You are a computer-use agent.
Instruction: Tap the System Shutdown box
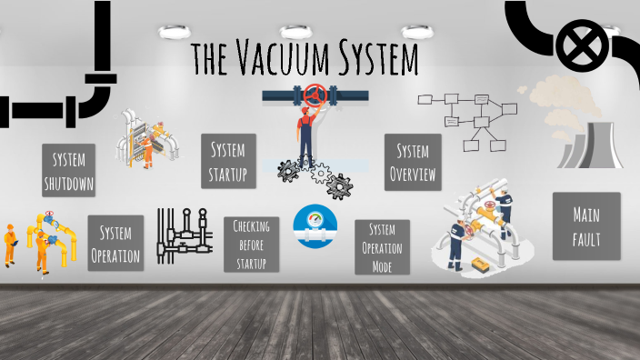(69, 170)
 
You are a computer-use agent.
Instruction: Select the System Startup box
(228, 161)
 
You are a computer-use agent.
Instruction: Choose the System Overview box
(413, 162)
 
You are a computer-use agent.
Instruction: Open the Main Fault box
(586, 226)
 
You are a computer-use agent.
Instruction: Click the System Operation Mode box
(382, 246)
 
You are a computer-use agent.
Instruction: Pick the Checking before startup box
(251, 245)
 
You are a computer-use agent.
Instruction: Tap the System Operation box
(115, 244)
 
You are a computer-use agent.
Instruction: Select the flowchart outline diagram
(467, 119)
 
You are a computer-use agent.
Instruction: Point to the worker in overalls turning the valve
(306, 136)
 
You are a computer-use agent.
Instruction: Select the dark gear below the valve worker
(338, 186)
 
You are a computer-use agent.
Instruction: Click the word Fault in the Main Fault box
(586, 242)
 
